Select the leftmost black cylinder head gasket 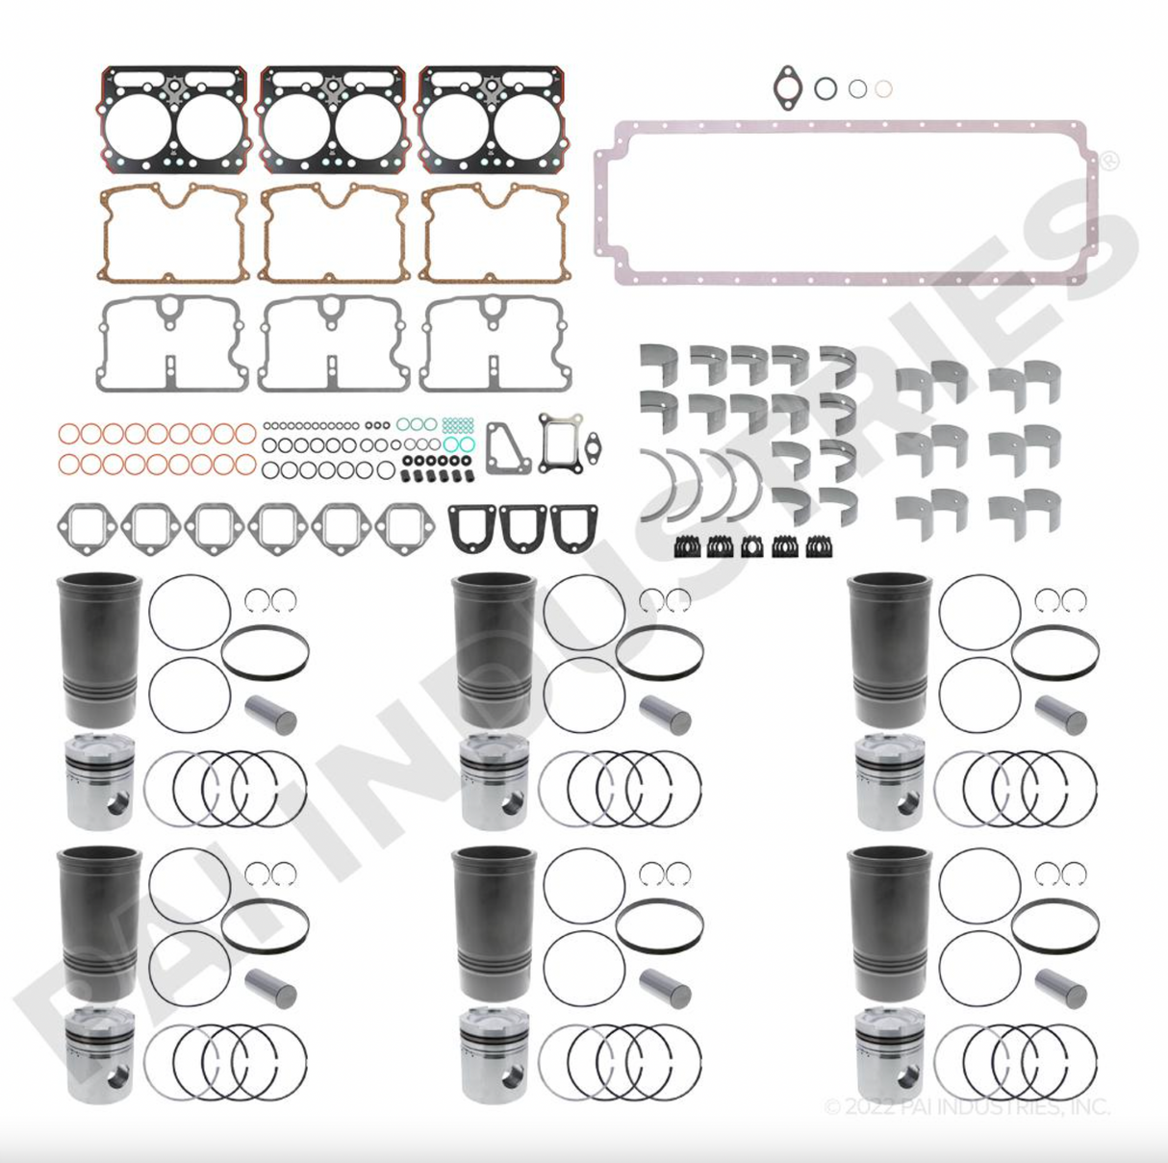(x=172, y=118)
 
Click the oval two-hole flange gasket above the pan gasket (x=787, y=87)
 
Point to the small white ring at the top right (x=883, y=89)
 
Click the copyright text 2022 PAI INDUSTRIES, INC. (x=967, y=1107)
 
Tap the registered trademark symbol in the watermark (x=1108, y=161)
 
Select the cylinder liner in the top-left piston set (x=99, y=649)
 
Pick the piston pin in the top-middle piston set (x=666, y=714)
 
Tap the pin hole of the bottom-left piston (x=117, y=1075)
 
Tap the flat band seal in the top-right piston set (x=1054, y=652)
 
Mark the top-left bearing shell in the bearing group (x=659, y=363)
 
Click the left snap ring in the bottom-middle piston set (x=651, y=873)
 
